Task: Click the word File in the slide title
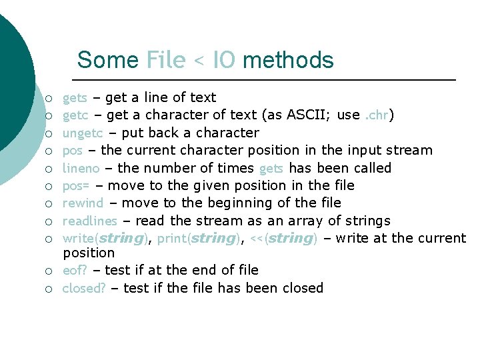coord(165,60)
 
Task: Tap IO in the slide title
coord(223,60)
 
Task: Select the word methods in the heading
coord(288,60)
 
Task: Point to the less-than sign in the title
coord(199,61)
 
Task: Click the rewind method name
coord(83,203)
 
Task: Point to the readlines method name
coord(89,221)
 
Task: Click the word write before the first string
coord(77,238)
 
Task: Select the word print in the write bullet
coord(171,238)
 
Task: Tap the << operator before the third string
coord(256,238)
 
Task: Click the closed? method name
coord(83,288)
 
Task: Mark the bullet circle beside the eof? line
coord(49,271)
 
